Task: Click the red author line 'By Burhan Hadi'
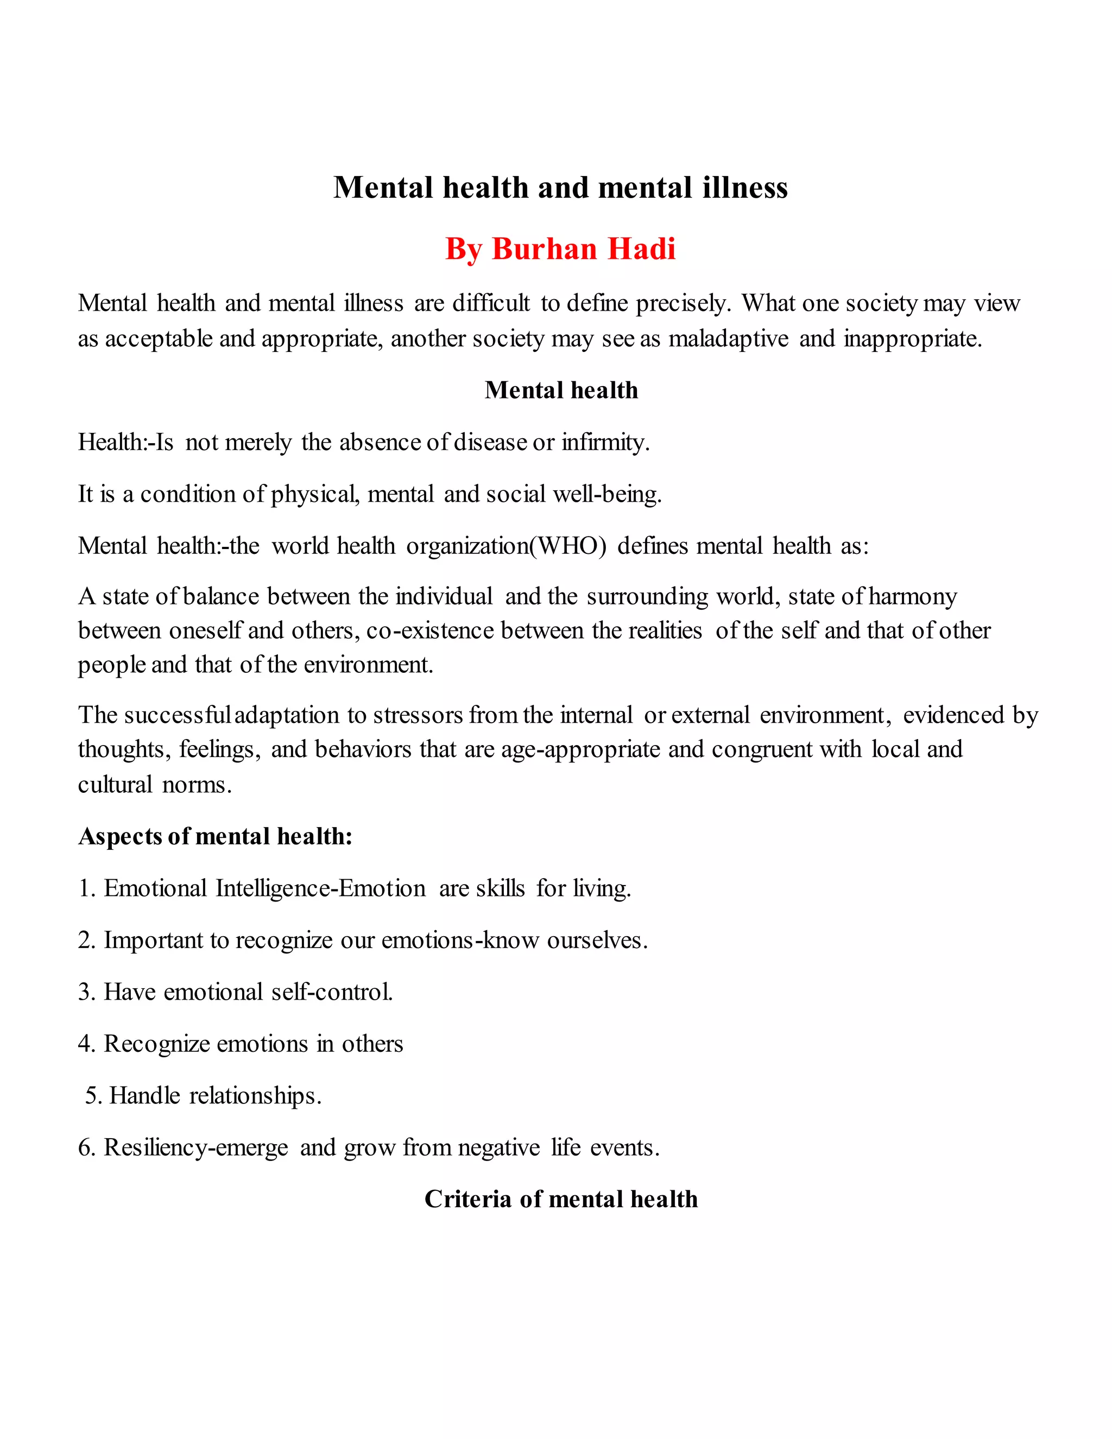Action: (x=560, y=249)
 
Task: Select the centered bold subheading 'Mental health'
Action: (x=561, y=390)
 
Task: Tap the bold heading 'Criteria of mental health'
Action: (x=560, y=1198)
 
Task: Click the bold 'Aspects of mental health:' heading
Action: (x=216, y=836)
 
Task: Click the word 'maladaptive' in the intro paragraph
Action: (x=728, y=339)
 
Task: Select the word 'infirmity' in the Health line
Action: (x=604, y=442)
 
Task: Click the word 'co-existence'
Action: (x=429, y=630)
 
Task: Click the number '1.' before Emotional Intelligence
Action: (x=87, y=888)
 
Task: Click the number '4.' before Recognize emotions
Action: (x=87, y=1044)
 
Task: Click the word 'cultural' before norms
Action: (x=115, y=785)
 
